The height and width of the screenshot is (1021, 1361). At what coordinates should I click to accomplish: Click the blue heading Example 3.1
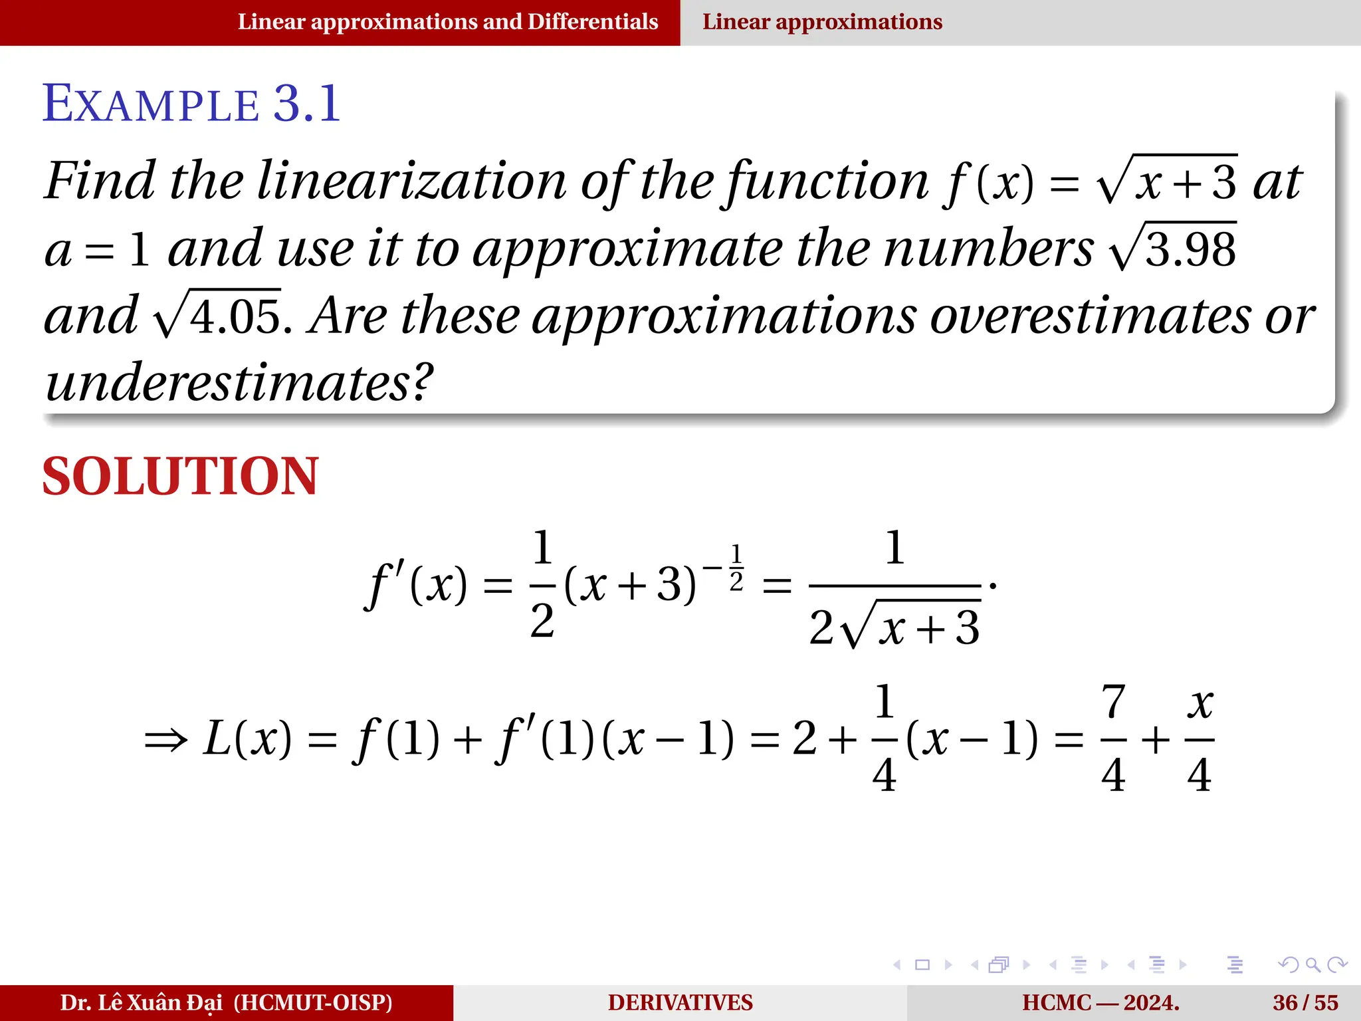(x=191, y=104)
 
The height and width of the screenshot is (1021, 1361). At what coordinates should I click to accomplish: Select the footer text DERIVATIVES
(x=680, y=1002)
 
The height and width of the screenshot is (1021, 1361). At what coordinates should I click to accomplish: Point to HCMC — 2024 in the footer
(x=1100, y=1002)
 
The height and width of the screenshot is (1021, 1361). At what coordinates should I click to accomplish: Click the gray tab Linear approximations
(x=822, y=22)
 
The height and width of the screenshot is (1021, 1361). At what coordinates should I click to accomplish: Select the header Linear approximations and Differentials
(x=447, y=22)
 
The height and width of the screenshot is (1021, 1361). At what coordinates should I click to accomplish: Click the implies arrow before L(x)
(x=165, y=740)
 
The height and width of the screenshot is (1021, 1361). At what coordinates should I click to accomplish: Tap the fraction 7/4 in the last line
(x=1113, y=738)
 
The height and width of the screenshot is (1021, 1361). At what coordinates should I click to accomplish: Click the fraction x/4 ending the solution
(x=1200, y=738)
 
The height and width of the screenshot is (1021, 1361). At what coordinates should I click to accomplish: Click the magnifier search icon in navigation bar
(x=1312, y=964)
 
